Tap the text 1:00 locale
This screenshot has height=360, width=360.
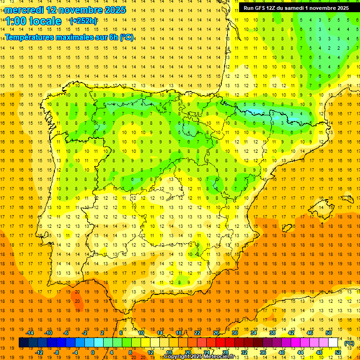tap(33, 21)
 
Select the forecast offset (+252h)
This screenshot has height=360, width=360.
tap(83, 21)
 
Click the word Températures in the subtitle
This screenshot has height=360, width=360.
tap(30, 37)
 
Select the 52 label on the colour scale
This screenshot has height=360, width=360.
tap(338, 352)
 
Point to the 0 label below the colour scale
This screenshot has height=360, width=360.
tap(93, 352)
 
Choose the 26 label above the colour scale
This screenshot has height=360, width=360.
tap(216, 333)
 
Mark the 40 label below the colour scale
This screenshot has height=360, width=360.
tap(282, 352)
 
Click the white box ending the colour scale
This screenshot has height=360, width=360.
tap(333, 343)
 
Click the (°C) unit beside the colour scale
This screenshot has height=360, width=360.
tap(349, 343)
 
